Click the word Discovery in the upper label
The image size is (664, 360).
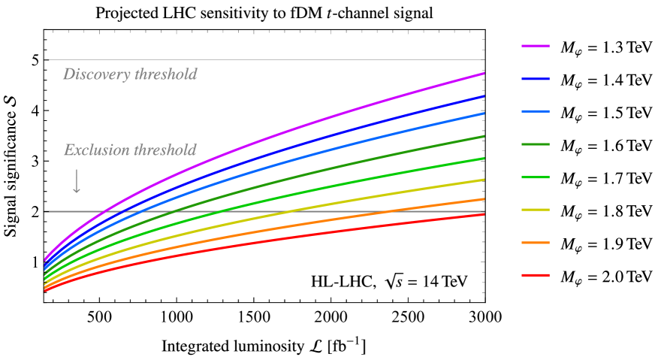click(x=95, y=74)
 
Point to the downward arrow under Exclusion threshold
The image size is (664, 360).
click(x=77, y=182)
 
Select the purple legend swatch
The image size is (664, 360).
click(x=536, y=46)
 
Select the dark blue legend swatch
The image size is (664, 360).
click(x=536, y=79)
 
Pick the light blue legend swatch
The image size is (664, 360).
click(x=536, y=111)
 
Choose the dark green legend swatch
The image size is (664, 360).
click(x=536, y=144)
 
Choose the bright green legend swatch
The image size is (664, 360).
click(x=536, y=177)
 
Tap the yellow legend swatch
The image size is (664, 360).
click(x=536, y=210)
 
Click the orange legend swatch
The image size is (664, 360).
click(x=536, y=243)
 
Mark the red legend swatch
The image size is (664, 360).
click(x=536, y=275)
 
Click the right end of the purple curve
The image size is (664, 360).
click(x=483, y=74)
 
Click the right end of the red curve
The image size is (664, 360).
click(x=483, y=214)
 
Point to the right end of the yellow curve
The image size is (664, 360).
click(x=483, y=180)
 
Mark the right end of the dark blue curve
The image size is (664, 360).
click(x=483, y=96)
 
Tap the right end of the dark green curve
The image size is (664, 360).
click(x=483, y=137)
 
